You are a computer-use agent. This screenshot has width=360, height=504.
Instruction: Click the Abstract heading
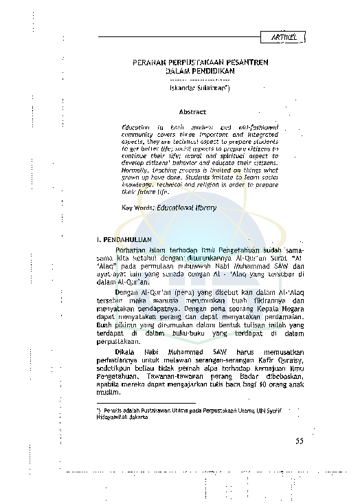click(x=192, y=111)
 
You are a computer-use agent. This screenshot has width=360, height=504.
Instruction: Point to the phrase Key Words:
click(x=137, y=207)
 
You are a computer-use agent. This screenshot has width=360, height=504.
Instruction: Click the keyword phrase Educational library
click(x=186, y=207)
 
